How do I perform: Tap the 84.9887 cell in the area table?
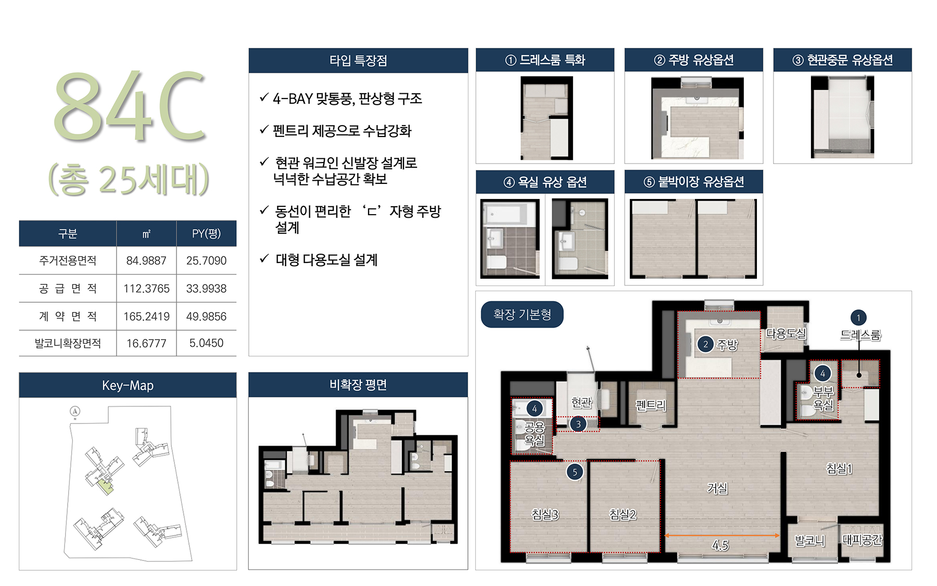(146, 260)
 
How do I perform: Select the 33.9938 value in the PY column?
(206, 289)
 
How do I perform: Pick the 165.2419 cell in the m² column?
(146, 316)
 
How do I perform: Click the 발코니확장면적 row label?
(68, 343)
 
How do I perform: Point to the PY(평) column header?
(206, 233)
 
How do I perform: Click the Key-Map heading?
(128, 385)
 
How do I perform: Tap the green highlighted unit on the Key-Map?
(106, 487)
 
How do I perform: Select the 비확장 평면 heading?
(358, 385)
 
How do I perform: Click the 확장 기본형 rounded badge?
(522, 314)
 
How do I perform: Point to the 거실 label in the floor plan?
(717, 488)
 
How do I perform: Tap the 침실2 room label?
(623, 515)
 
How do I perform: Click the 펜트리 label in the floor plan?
(651, 405)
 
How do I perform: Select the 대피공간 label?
(862, 540)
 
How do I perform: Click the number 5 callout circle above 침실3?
(575, 472)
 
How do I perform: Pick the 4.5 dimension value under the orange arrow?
(720, 545)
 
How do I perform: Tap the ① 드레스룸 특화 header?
(545, 60)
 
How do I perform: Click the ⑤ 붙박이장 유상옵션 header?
(694, 182)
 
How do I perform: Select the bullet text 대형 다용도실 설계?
(326, 259)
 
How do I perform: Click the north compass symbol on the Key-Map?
(75, 412)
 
